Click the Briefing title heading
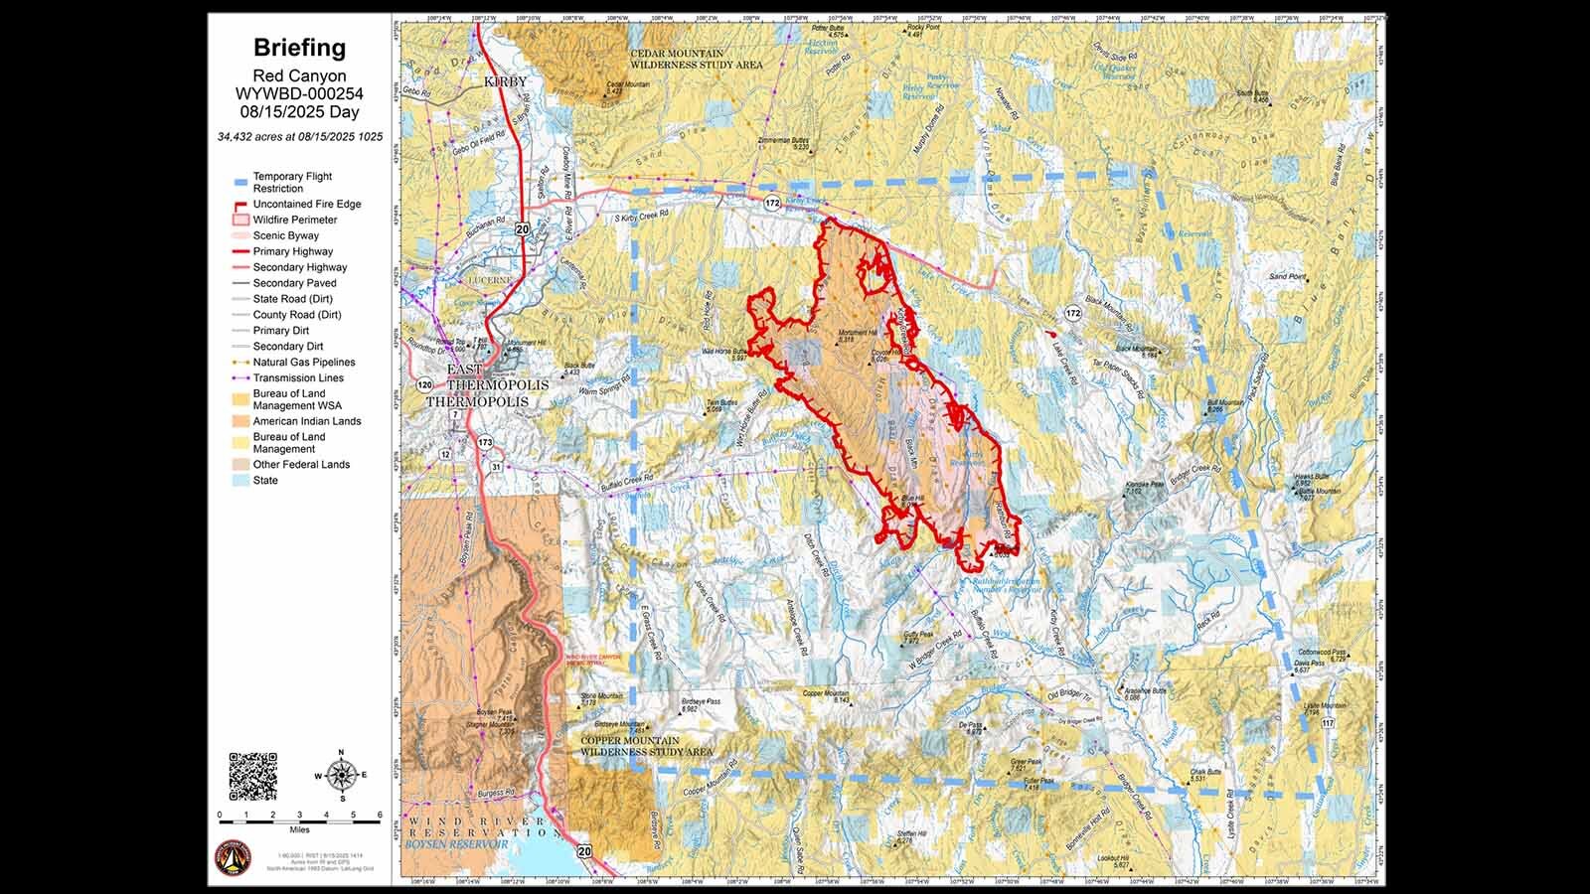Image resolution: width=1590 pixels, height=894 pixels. click(x=299, y=48)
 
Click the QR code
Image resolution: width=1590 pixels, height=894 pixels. click(x=252, y=777)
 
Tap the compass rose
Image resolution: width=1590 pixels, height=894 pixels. click(x=341, y=775)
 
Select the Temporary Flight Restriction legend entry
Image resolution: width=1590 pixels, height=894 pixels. click(x=292, y=182)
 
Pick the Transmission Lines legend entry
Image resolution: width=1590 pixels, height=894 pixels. click(x=297, y=377)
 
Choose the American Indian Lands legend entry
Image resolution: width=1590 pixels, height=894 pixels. click(x=306, y=421)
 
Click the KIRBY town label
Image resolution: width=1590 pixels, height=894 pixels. click(x=505, y=81)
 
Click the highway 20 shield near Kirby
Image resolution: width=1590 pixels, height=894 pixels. click(x=522, y=228)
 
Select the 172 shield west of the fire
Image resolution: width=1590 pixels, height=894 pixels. click(x=772, y=203)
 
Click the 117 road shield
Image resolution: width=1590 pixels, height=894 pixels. click(x=1328, y=723)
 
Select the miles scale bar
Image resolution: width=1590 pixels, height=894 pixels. click(x=299, y=820)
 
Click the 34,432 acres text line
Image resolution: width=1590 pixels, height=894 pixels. click(x=299, y=136)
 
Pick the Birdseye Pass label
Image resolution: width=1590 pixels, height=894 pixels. click(x=702, y=701)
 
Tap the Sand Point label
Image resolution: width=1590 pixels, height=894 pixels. click(x=1287, y=276)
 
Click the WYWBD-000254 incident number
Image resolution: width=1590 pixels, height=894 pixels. click(x=299, y=94)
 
